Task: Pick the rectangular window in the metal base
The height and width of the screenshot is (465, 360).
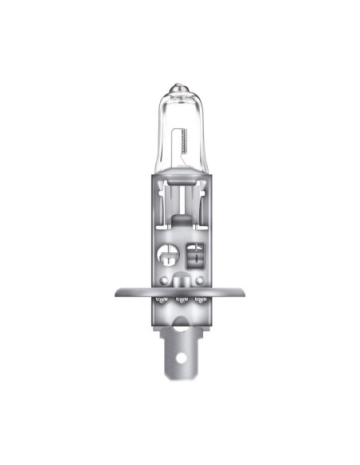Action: [x=194, y=256]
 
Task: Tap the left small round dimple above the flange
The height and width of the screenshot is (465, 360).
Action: [x=163, y=281]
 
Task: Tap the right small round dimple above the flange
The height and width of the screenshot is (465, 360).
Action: [x=198, y=281]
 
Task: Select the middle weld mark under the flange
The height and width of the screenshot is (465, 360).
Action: [x=181, y=300]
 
